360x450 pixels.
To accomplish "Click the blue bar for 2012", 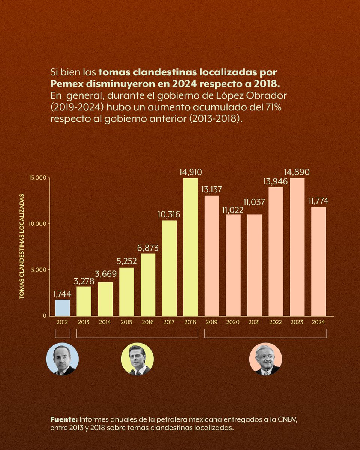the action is click(63, 307).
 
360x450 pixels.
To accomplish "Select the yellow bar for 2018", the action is click(190, 247).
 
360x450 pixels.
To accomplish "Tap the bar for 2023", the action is click(297, 247).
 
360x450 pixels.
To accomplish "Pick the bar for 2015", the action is click(126, 292).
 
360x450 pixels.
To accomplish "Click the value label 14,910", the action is click(190, 172).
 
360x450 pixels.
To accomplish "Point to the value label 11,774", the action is click(319, 201).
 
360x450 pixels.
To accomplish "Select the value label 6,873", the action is click(148, 248).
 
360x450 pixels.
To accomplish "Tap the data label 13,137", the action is click(212, 190).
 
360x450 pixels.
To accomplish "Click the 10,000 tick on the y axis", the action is click(37, 224).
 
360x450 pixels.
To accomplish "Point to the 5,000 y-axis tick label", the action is click(38, 270).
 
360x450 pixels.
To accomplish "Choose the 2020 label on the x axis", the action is click(233, 322).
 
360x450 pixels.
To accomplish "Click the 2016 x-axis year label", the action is click(148, 322).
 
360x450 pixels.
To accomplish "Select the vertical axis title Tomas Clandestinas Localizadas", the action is click(22, 247).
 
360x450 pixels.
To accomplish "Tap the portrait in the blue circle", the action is click(62, 359).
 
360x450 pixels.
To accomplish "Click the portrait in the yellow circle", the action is click(137, 359).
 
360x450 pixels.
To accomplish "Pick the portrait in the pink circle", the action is click(265, 359).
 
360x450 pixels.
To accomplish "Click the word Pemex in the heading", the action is click(66, 84).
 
